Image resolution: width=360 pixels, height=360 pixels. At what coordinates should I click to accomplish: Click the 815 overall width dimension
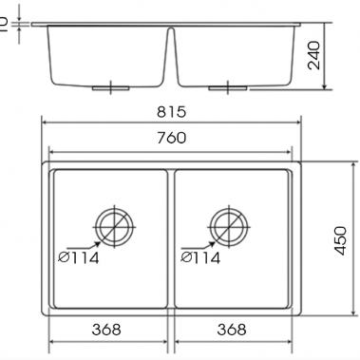(172, 111)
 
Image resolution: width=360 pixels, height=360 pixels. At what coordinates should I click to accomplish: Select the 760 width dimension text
(172, 138)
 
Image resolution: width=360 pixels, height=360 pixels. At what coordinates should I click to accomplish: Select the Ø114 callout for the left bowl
(79, 257)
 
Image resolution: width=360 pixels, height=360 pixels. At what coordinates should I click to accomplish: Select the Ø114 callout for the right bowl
(200, 257)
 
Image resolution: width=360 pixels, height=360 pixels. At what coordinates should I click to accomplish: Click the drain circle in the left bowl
(115, 223)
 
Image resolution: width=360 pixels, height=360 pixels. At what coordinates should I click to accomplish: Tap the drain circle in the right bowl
(229, 223)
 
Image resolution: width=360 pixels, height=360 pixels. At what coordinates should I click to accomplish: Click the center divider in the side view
(172, 52)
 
